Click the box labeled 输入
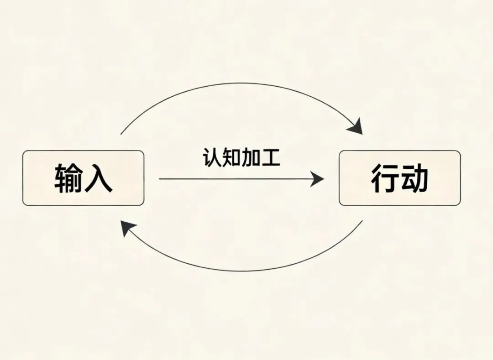click(x=83, y=178)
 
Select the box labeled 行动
click(x=399, y=178)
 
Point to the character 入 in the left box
click(x=98, y=178)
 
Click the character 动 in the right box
click(x=414, y=178)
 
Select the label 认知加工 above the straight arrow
click(x=241, y=158)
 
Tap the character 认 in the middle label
click(x=211, y=158)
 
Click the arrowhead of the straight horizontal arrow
click(x=317, y=179)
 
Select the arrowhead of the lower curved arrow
click(x=128, y=228)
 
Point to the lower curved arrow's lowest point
click(x=242, y=271)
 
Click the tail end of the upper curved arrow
click(x=121, y=134)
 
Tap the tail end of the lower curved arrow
click(x=362, y=221)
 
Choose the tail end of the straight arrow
click(x=160, y=179)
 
